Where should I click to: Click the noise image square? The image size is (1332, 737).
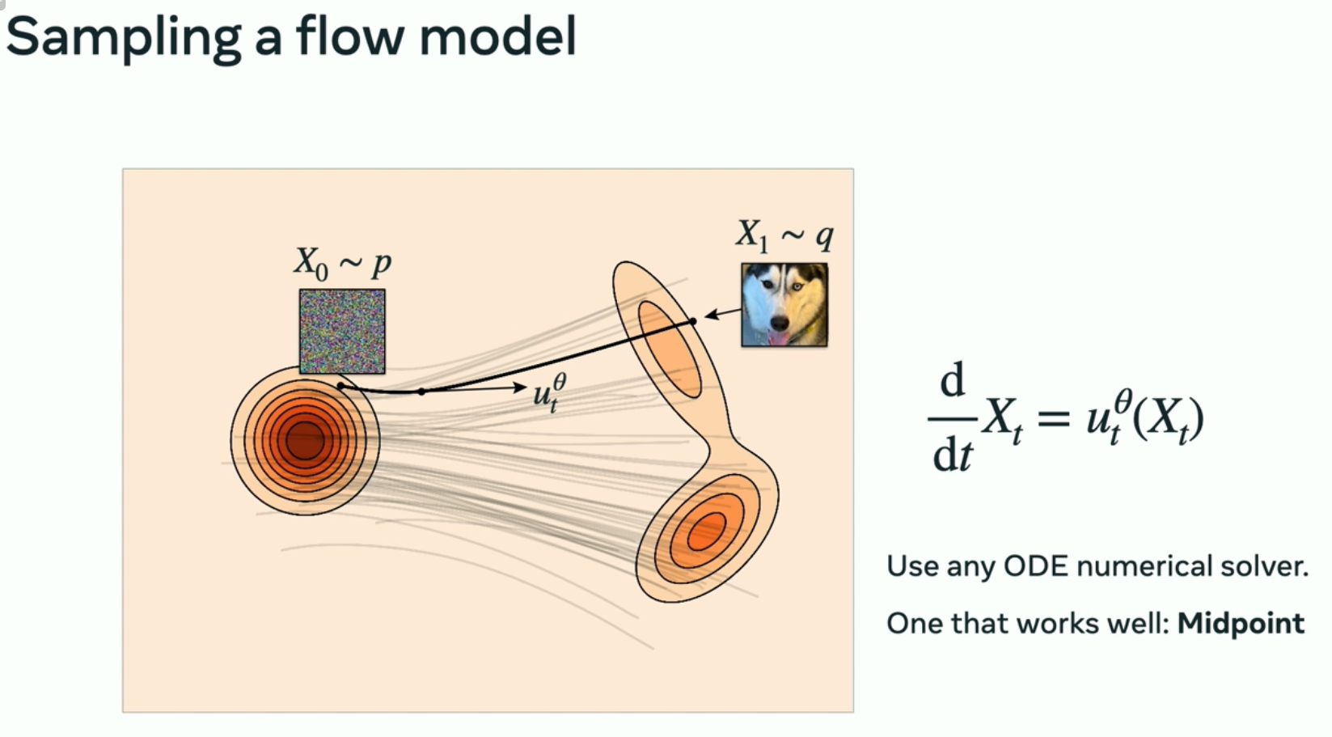(342, 331)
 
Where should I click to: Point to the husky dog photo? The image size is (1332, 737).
(784, 304)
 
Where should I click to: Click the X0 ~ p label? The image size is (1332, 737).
(342, 263)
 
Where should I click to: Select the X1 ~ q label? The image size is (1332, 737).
(784, 235)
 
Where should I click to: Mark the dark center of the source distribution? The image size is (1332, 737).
(304, 440)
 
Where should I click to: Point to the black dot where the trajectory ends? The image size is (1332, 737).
(693, 322)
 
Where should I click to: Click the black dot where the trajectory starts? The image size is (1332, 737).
(341, 387)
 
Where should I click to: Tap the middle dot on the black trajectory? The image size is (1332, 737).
(421, 392)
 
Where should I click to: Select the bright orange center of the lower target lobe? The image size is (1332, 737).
(706, 531)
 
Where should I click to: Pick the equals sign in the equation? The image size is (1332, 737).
(1054, 418)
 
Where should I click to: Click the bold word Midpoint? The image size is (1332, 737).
(1241, 623)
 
